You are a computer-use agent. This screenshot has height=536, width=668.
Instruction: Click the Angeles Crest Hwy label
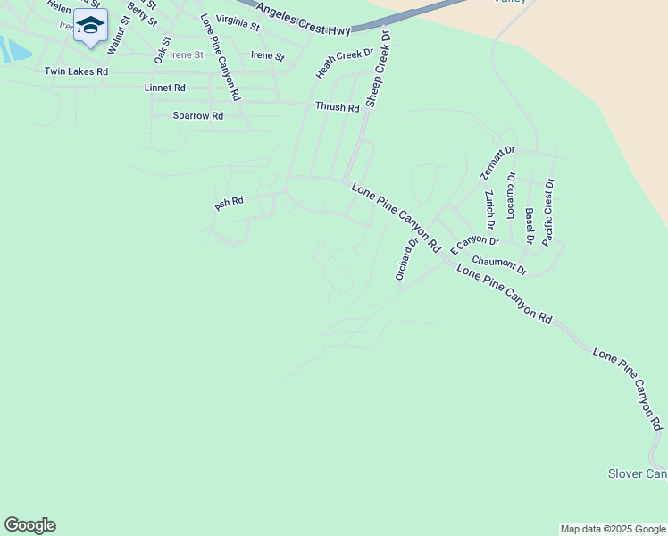[303, 21]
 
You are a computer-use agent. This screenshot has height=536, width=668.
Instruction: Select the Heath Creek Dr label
[344, 63]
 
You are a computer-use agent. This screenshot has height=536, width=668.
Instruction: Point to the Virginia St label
[238, 23]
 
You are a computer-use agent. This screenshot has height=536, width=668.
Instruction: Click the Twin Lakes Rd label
[76, 71]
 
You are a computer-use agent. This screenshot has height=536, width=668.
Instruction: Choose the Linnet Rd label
[164, 88]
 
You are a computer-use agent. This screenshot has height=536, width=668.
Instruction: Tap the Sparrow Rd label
[197, 116]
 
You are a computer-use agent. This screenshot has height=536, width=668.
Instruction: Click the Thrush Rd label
[337, 107]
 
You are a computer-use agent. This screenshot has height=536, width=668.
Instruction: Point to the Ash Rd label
[229, 204]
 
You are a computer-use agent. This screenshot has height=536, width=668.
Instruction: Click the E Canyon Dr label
[474, 242]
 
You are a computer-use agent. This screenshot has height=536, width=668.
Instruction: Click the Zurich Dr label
[489, 210]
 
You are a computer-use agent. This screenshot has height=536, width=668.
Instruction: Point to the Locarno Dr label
[511, 196]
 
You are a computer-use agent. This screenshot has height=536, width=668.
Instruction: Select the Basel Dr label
[529, 226]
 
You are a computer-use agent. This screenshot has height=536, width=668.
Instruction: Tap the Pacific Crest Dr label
[547, 212]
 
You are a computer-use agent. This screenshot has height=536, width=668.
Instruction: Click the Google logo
[29, 525]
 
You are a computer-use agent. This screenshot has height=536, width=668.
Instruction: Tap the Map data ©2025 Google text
[613, 529]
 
